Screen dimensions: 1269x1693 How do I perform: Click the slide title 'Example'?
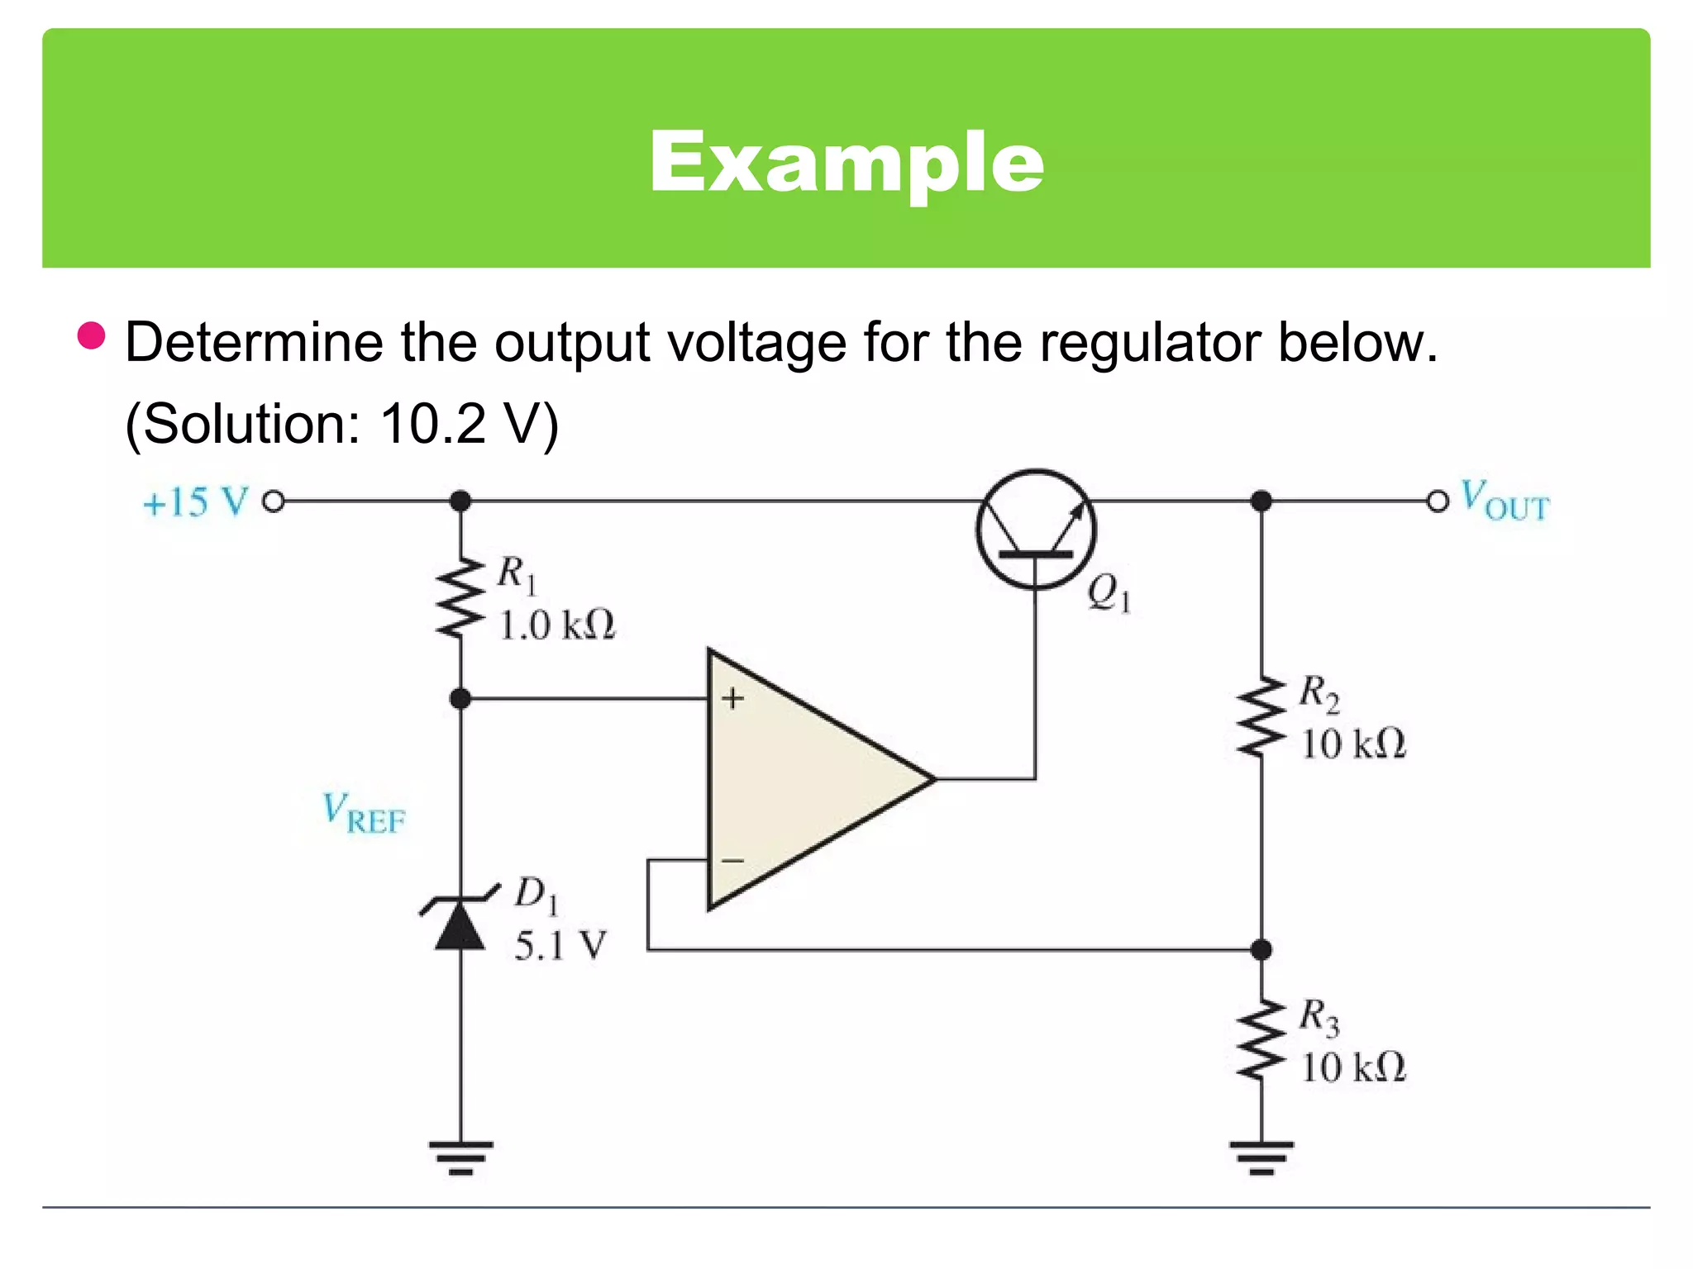(x=846, y=162)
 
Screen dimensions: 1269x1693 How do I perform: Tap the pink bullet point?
(x=91, y=335)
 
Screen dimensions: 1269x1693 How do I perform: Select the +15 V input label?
(x=195, y=501)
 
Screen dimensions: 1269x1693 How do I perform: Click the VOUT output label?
(x=1504, y=501)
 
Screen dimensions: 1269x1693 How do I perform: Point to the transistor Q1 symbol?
(x=1036, y=530)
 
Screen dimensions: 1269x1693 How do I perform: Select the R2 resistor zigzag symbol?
(x=1261, y=717)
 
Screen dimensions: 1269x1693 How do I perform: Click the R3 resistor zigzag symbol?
(x=1261, y=1040)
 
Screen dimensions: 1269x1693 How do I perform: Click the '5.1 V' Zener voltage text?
(x=560, y=946)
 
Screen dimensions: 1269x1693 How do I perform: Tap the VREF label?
(x=364, y=813)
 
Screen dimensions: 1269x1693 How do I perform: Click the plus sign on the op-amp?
(x=732, y=699)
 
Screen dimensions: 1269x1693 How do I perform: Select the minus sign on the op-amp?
(x=732, y=861)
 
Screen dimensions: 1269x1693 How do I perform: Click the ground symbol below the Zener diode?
(x=460, y=1157)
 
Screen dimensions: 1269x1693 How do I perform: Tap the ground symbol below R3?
(x=1261, y=1157)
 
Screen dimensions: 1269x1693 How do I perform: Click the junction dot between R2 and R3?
(x=1261, y=950)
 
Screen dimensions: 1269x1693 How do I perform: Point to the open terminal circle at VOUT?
(x=1438, y=501)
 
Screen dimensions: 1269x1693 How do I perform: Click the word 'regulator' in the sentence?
(x=1149, y=343)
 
